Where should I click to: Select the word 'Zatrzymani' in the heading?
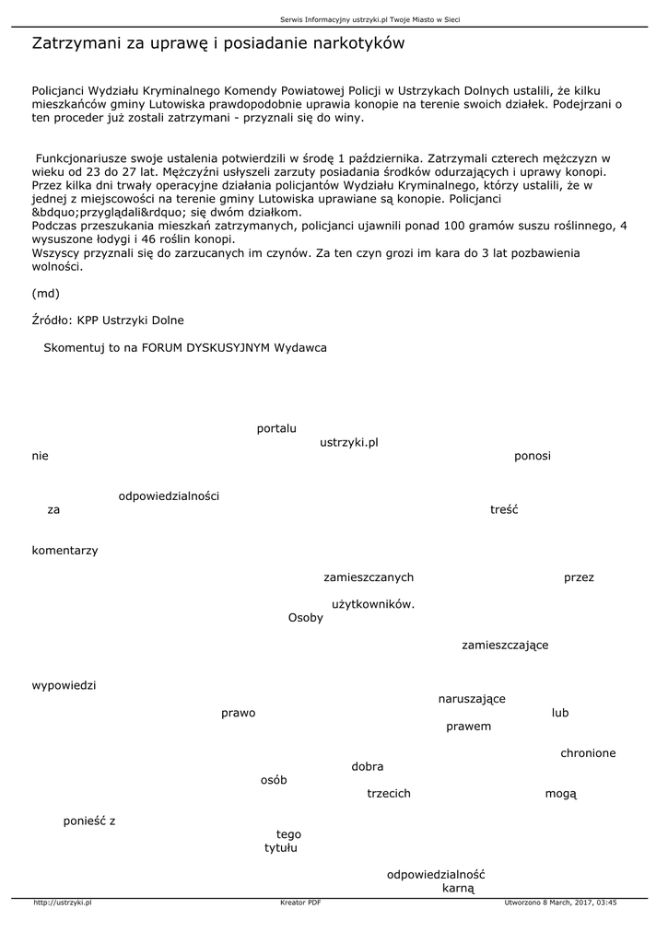[77, 43]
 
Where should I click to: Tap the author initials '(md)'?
[45, 294]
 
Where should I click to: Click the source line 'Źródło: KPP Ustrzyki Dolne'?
[108, 320]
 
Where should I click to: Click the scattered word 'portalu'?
[276, 428]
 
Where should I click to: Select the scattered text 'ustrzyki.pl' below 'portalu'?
[349, 442]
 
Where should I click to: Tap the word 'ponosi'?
[532, 456]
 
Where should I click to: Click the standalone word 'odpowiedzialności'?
[169, 496]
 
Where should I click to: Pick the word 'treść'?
[504, 509]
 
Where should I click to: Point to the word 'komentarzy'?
[64, 551]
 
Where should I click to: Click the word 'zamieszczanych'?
[369, 577]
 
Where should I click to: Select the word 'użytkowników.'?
[373, 604]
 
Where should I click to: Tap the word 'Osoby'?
[306, 618]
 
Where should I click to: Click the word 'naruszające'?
[472, 699]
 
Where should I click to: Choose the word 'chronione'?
[588, 753]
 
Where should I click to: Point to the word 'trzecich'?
[389, 793]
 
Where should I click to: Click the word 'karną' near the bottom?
[458, 888]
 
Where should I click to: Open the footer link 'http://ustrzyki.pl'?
[62, 902]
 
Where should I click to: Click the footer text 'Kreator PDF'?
[300, 902]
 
